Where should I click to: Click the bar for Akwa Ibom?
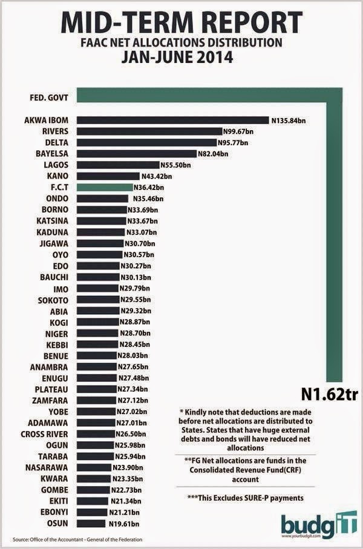(x=173, y=120)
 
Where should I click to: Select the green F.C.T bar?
(x=105, y=187)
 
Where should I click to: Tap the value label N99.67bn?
(x=238, y=131)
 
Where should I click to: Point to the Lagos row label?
(x=56, y=165)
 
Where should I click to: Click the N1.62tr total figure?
(x=329, y=395)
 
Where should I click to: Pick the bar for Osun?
(x=91, y=524)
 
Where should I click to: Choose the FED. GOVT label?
(x=49, y=97)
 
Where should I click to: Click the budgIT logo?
(x=319, y=524)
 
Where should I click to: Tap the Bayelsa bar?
(x=137, y=154)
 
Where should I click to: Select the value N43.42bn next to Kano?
(x=157, y=176)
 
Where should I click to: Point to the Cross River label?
(x=44, y=434)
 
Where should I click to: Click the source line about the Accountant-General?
(x=77, y=539)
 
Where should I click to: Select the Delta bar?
(x=146, y=142)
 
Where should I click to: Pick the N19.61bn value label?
(x=124, y=524)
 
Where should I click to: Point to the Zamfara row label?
(x=50, y=401)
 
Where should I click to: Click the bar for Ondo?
(x=103, y=199)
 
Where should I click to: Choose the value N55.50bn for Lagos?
(x=175, y=165)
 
